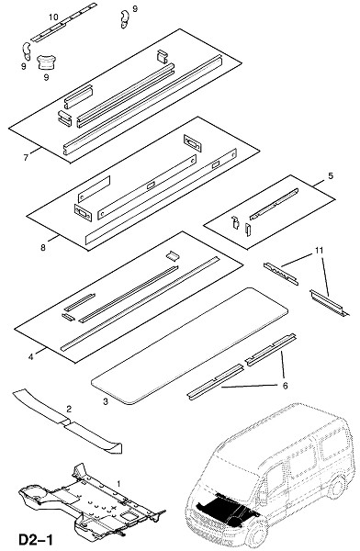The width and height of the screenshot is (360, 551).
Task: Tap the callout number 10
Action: (53, 17)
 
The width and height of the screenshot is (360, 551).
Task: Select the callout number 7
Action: (26, 158)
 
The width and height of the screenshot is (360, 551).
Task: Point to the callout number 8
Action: (43, 248)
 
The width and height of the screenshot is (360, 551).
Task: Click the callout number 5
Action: (331, 175)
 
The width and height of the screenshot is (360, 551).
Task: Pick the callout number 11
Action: (319, 251)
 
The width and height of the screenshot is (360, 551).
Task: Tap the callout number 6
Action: (285, 386)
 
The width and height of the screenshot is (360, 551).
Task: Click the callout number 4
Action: (31, 357)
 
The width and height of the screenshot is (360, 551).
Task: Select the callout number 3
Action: (106, 401)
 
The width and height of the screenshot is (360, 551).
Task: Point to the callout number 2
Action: (69, 409)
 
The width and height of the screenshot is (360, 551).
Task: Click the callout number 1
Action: (118, 484)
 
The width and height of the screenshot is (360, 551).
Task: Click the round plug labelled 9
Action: (46, 62)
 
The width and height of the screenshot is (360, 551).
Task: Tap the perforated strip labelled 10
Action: (63, 22)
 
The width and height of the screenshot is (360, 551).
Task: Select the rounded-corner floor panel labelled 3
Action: (190, 346)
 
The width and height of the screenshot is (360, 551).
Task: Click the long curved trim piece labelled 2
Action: (67, 421)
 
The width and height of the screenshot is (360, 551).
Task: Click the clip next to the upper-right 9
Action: (124, 19)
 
